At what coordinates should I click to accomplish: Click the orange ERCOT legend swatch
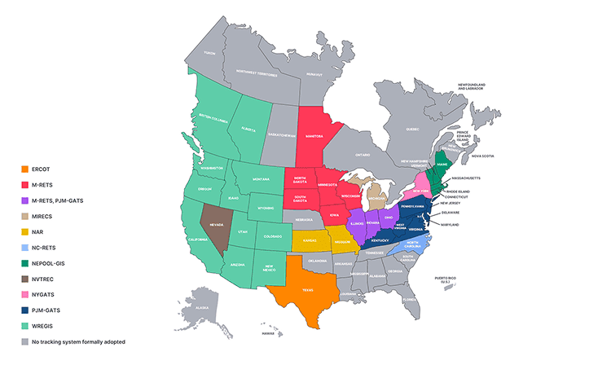pyautogui.click(x=25, y=169)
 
